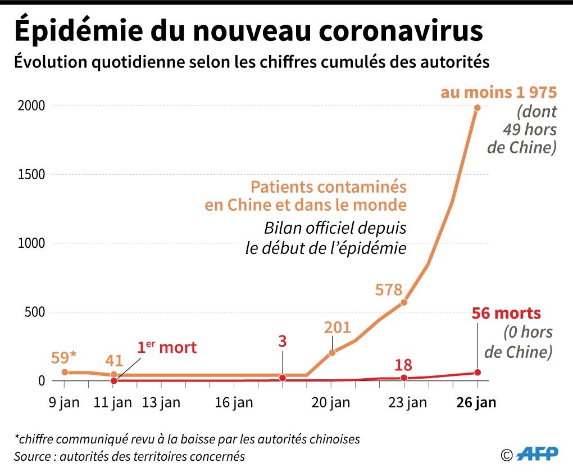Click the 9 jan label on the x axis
coord(65,402)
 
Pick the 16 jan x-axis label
coord(234,402)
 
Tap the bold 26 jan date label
coord(477,402)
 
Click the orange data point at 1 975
coord(477,108)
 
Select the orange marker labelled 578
coord(404,302)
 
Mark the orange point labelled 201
coord(331,353)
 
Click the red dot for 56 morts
coord(477,373)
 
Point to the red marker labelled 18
coord(404,378)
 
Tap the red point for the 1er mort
coord(113,380)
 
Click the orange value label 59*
coord(63,357)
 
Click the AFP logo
coord(538,454)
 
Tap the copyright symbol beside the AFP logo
coord(507,454)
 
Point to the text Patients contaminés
coord(328,187)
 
